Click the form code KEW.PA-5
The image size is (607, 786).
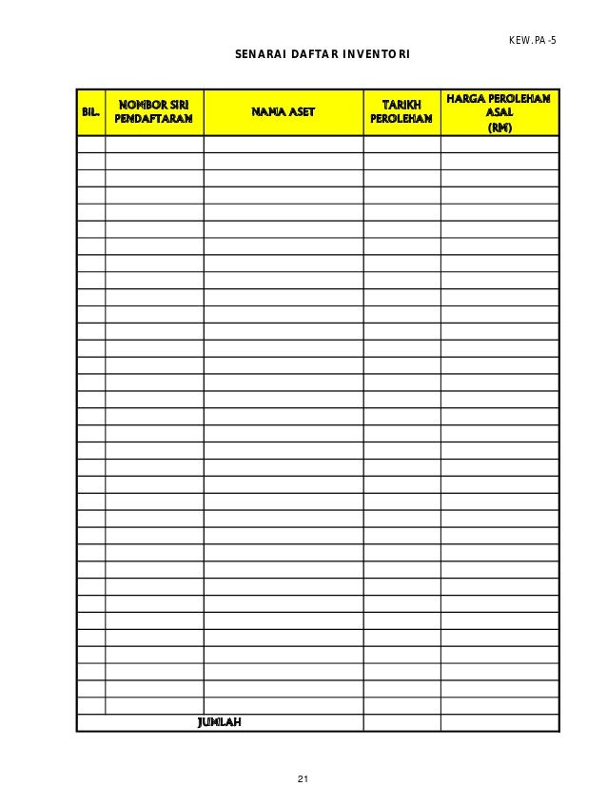pos(533,42)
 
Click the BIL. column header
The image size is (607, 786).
pos(90,112)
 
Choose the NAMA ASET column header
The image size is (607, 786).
pos(283,112)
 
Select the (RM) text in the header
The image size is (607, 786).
pos(499,128)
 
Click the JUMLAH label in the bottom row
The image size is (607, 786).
pos(219,723)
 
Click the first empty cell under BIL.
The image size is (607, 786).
pos(90,145)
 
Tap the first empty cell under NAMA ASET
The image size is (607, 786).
pos(283,145)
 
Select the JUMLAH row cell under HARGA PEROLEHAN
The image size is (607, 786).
pos(499,723)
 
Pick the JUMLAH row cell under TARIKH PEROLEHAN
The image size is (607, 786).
pos(401,723)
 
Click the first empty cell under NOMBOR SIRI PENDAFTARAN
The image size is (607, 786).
pos(154,145)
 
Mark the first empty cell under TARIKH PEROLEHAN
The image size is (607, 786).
pos(401,145)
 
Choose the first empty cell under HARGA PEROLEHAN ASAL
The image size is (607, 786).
pos(499,145)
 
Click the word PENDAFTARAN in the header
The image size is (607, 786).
pos(154,120)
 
